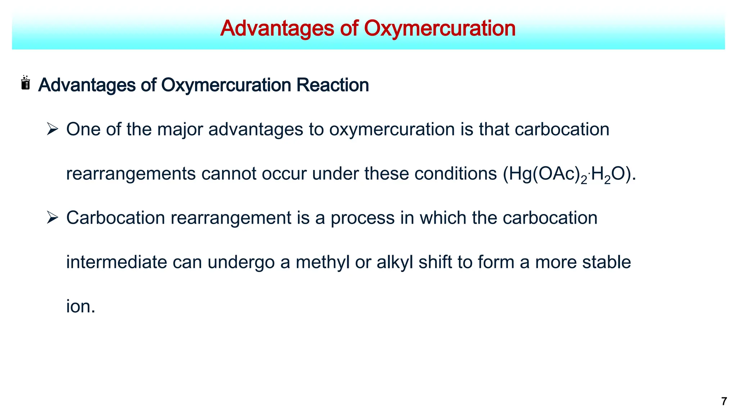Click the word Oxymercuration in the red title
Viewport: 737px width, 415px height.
pyautogui.click(x=440, y=28)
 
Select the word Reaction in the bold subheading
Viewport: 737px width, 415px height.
pyautogui.click(x=333, y=85)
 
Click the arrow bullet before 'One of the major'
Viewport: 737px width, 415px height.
pyautogui.click(x=53, y=129)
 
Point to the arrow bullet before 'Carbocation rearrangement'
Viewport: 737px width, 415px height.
pyautogui.click(x=53, y=218)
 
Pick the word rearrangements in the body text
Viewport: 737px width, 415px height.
pyautogui.click(x=131, y=174)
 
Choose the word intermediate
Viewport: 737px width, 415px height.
pyautogui.click(x=116, y=262)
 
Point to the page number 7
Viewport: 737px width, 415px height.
pyautogui.click(x=724, y=401)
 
